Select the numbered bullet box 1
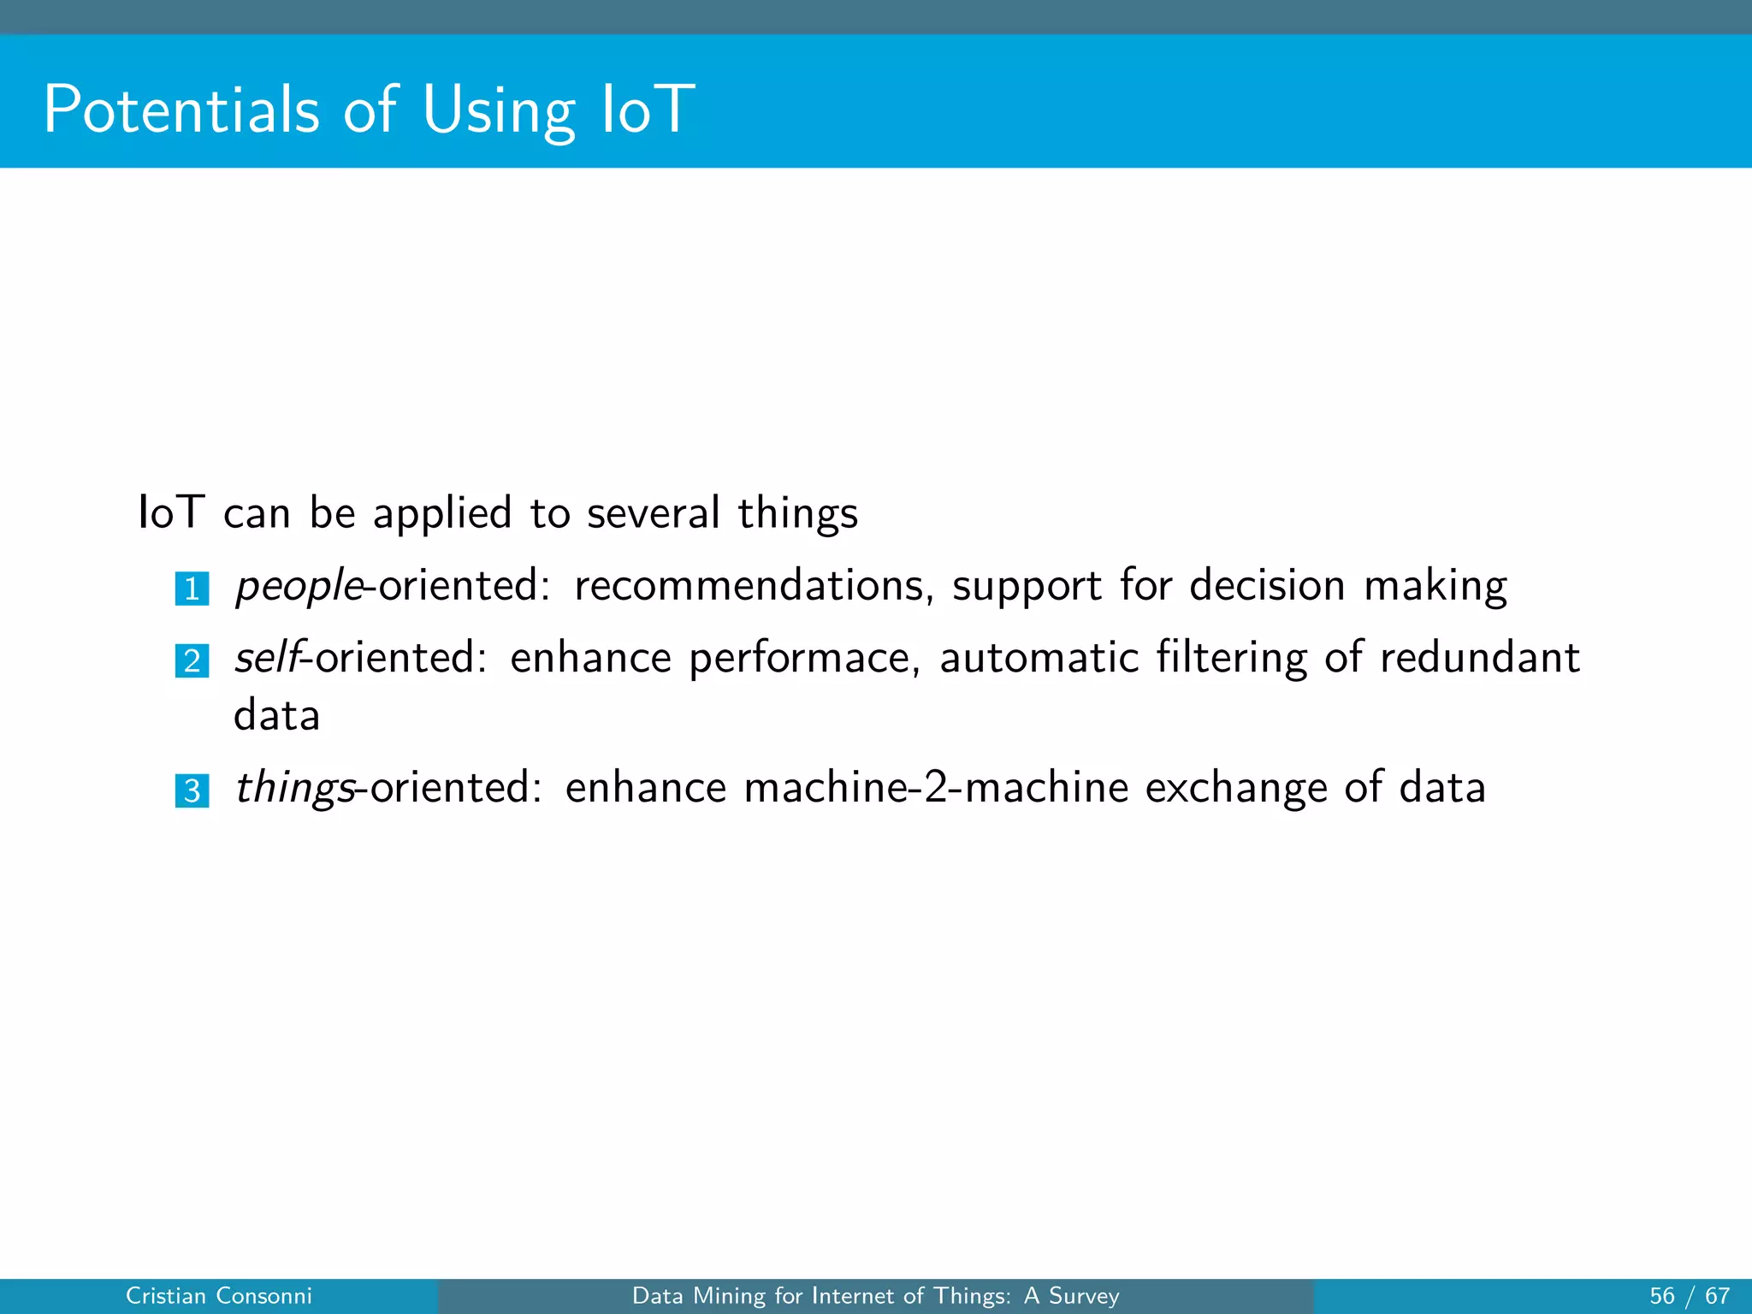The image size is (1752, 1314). [x=192, y=589]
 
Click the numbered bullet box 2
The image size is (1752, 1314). [x=192, y=660]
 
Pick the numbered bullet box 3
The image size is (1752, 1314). [x=192, y=790]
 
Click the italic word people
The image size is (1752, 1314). [x=299, y=587]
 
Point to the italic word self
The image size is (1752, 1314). [x=267, y=658]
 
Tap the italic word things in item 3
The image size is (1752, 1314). [x=294, y=788]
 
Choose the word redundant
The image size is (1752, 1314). [x=1479, y=658]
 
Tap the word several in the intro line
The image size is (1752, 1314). [x=653, y=513]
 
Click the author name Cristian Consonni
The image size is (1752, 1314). [x=219, y=1296]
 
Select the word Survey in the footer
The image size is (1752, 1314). [x=1084, y=1296]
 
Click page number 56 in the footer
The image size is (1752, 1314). [x=1661, y=1296]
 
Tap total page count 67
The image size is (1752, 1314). [x=1717, y=1296]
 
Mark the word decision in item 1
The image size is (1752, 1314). [x=1267, y=587]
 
